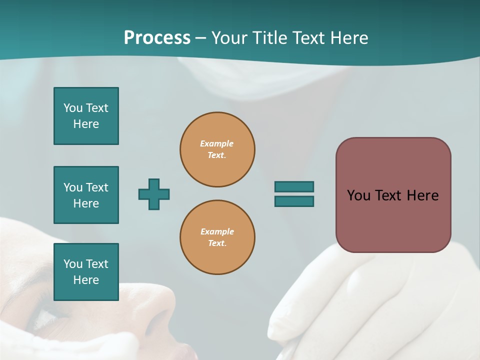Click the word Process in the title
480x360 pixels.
tap(157, 38)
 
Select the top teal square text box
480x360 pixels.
tap(86, 116)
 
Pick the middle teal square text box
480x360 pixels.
tap(86, 195)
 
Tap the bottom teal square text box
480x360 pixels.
tap(86, 272)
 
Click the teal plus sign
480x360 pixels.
tap(154, 194)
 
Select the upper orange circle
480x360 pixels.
tap(217, 149)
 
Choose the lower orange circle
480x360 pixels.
tap(217, 237)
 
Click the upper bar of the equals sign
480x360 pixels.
tap(294, 187)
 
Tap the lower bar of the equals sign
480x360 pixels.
tap(294, 201)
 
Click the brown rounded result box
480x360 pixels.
tap(393, 195)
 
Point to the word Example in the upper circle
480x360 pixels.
tap(216, 143)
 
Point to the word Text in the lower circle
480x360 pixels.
tap(216, 243)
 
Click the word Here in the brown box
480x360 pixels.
tap(422, 195)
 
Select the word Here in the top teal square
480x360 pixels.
tap(86, 124)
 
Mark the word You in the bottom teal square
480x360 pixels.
tap(73, 264)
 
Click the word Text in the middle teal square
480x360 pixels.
tap(97, 187)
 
